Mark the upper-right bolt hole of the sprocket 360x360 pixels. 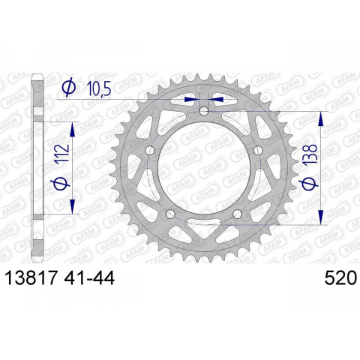click(x=259, y=151)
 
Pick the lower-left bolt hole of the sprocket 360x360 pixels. click(x=171, y=214)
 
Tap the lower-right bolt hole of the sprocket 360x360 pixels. click(x=238, y=214)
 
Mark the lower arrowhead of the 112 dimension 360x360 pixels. click(x=73, y=209)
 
